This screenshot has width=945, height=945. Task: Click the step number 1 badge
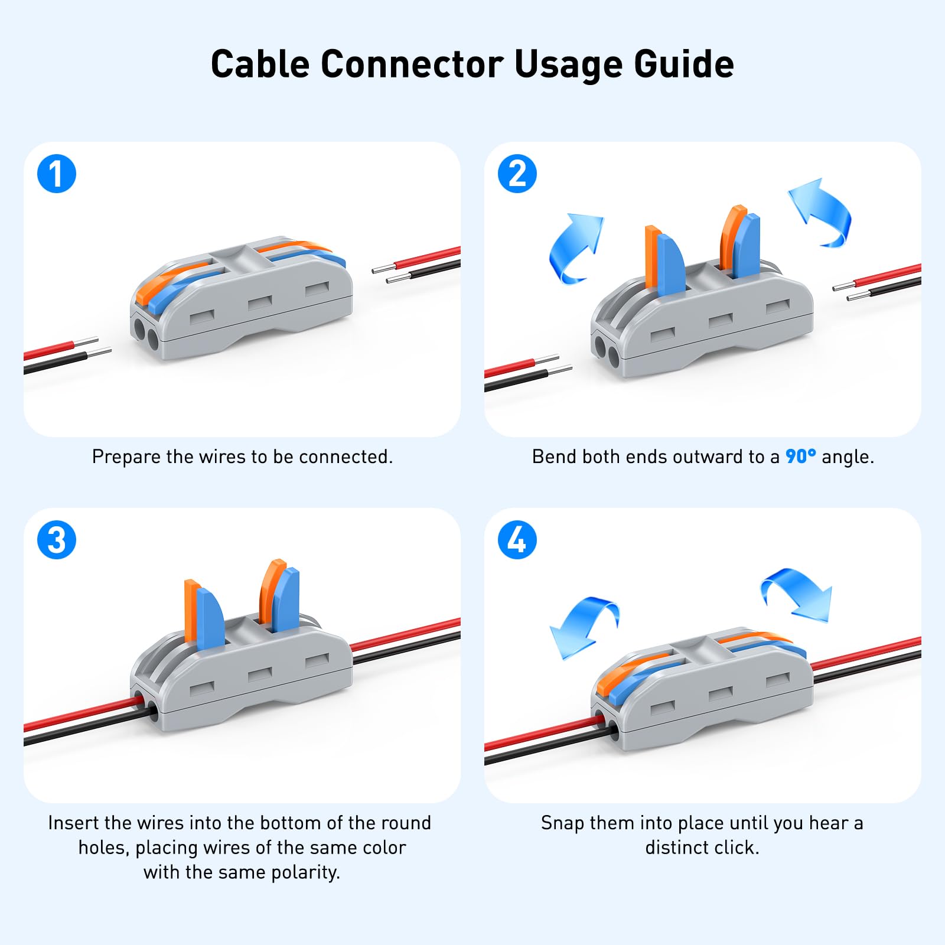coord(57,174)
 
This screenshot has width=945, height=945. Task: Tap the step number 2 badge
coord(517,174)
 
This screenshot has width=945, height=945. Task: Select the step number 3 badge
coord(57,540)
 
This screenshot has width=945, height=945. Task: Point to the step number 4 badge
coord(517,540)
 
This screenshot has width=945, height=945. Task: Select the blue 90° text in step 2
coord(800,457)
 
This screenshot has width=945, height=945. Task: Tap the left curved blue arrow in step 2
coord(574,248)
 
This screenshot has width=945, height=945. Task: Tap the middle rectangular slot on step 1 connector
coord(260,303)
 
